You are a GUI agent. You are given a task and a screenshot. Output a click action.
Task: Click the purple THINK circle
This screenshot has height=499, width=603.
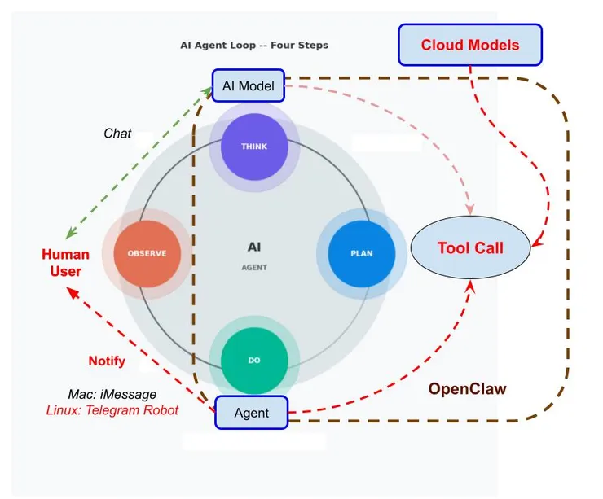253,147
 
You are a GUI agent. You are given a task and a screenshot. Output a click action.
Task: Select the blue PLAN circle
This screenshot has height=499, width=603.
361,253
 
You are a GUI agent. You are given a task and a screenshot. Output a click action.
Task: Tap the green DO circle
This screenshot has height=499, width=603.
253,360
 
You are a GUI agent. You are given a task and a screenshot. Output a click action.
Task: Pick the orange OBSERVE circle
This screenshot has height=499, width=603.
147,253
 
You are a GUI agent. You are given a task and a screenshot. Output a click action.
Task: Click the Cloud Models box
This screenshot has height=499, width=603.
470,46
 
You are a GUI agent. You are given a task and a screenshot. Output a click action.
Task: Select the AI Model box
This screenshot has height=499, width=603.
248,85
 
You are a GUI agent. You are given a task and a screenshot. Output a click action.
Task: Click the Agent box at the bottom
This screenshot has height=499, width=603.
252,414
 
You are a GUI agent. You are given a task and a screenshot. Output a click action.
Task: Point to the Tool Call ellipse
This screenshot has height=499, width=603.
470,248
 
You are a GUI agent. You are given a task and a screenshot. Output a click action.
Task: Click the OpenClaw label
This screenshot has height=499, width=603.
467,389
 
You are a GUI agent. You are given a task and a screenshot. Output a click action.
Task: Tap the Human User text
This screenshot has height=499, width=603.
65,263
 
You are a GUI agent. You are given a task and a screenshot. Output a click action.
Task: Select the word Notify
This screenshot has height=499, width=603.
107,361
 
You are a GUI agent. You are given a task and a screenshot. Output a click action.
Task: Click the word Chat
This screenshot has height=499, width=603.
117,134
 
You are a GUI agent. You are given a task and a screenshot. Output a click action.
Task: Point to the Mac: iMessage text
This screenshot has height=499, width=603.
112,395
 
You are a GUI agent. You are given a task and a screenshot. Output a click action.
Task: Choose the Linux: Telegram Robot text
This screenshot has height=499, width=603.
112,410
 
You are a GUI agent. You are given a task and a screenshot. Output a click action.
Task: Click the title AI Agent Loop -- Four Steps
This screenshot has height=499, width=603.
254,46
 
